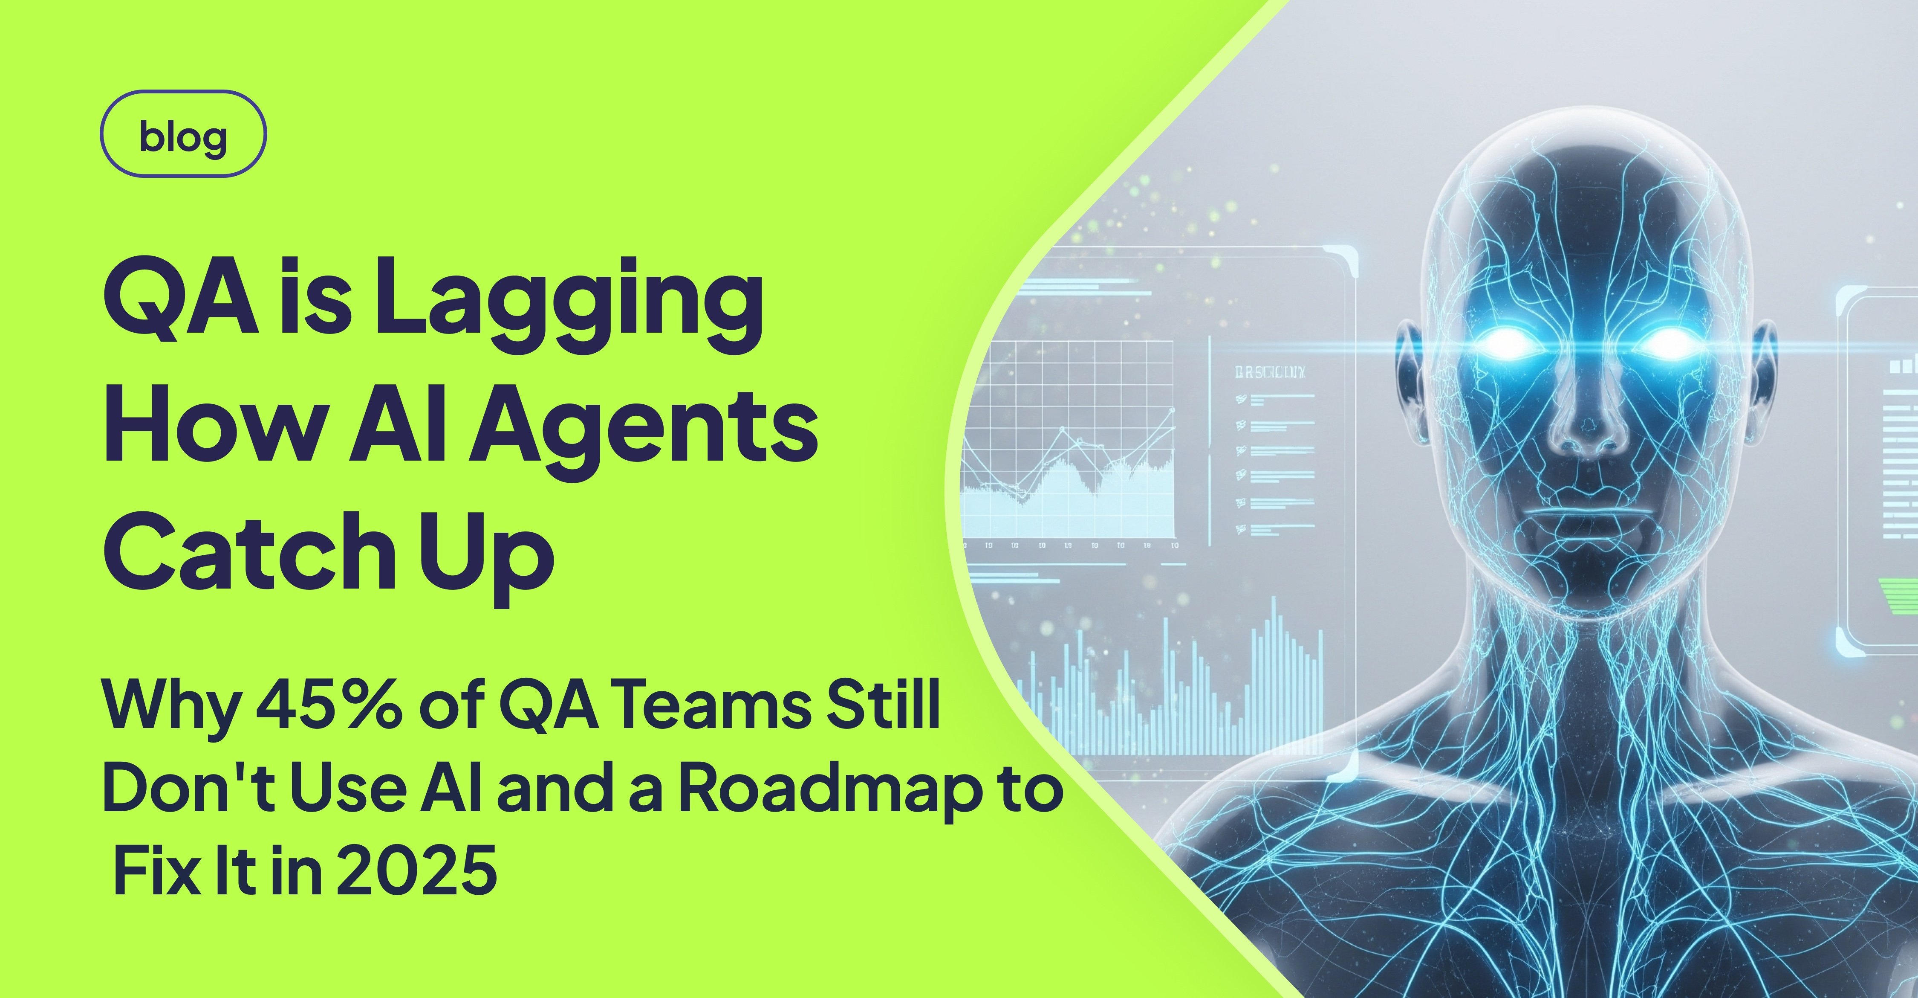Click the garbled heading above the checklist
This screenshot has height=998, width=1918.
(x=1269, y=372)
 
